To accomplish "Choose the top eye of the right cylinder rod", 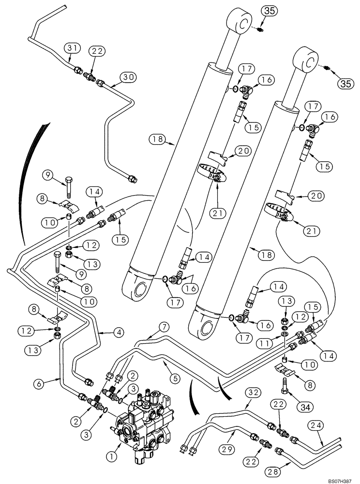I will click(310, 59).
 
